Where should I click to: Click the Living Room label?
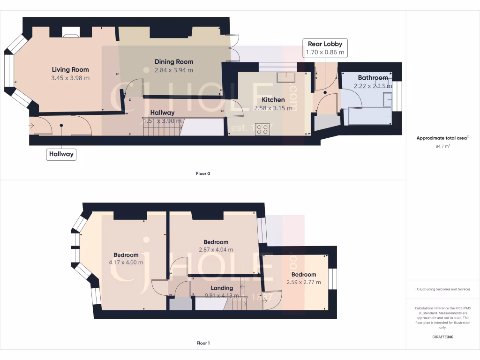tap(70, 70)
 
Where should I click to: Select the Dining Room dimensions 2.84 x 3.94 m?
tap(167, 70)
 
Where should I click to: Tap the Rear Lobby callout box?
tap(325, 48)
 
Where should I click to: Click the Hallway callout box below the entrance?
tap(61, 154)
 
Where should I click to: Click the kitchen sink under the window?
tap(285, 77)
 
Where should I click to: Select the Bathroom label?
tap(373, 78)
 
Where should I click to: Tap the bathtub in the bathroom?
tap(370, 116)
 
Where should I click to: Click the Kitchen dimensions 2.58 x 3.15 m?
tap(273, 108)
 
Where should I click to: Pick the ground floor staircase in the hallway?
tap(161, 127)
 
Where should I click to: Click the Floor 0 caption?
tap(203, 173)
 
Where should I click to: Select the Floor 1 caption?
tap(203, 343)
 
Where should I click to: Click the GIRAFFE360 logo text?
tap(442, 337)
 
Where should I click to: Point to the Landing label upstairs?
tap(222, 288)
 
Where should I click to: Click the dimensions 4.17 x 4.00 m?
tap(126, 262)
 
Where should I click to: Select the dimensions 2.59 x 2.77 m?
tap(304, 282)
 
